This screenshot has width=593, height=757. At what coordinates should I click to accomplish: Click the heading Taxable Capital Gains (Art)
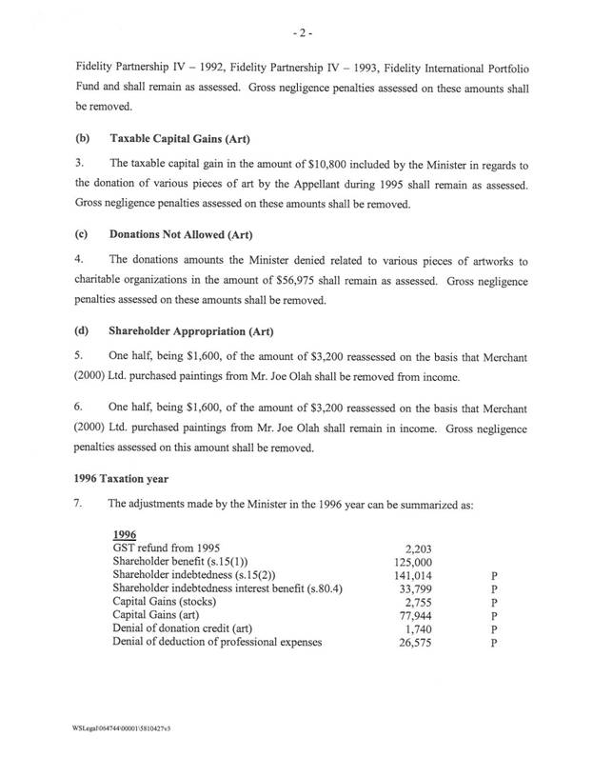pos(170,138)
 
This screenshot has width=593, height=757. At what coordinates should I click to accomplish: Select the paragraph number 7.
pos(77,505)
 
